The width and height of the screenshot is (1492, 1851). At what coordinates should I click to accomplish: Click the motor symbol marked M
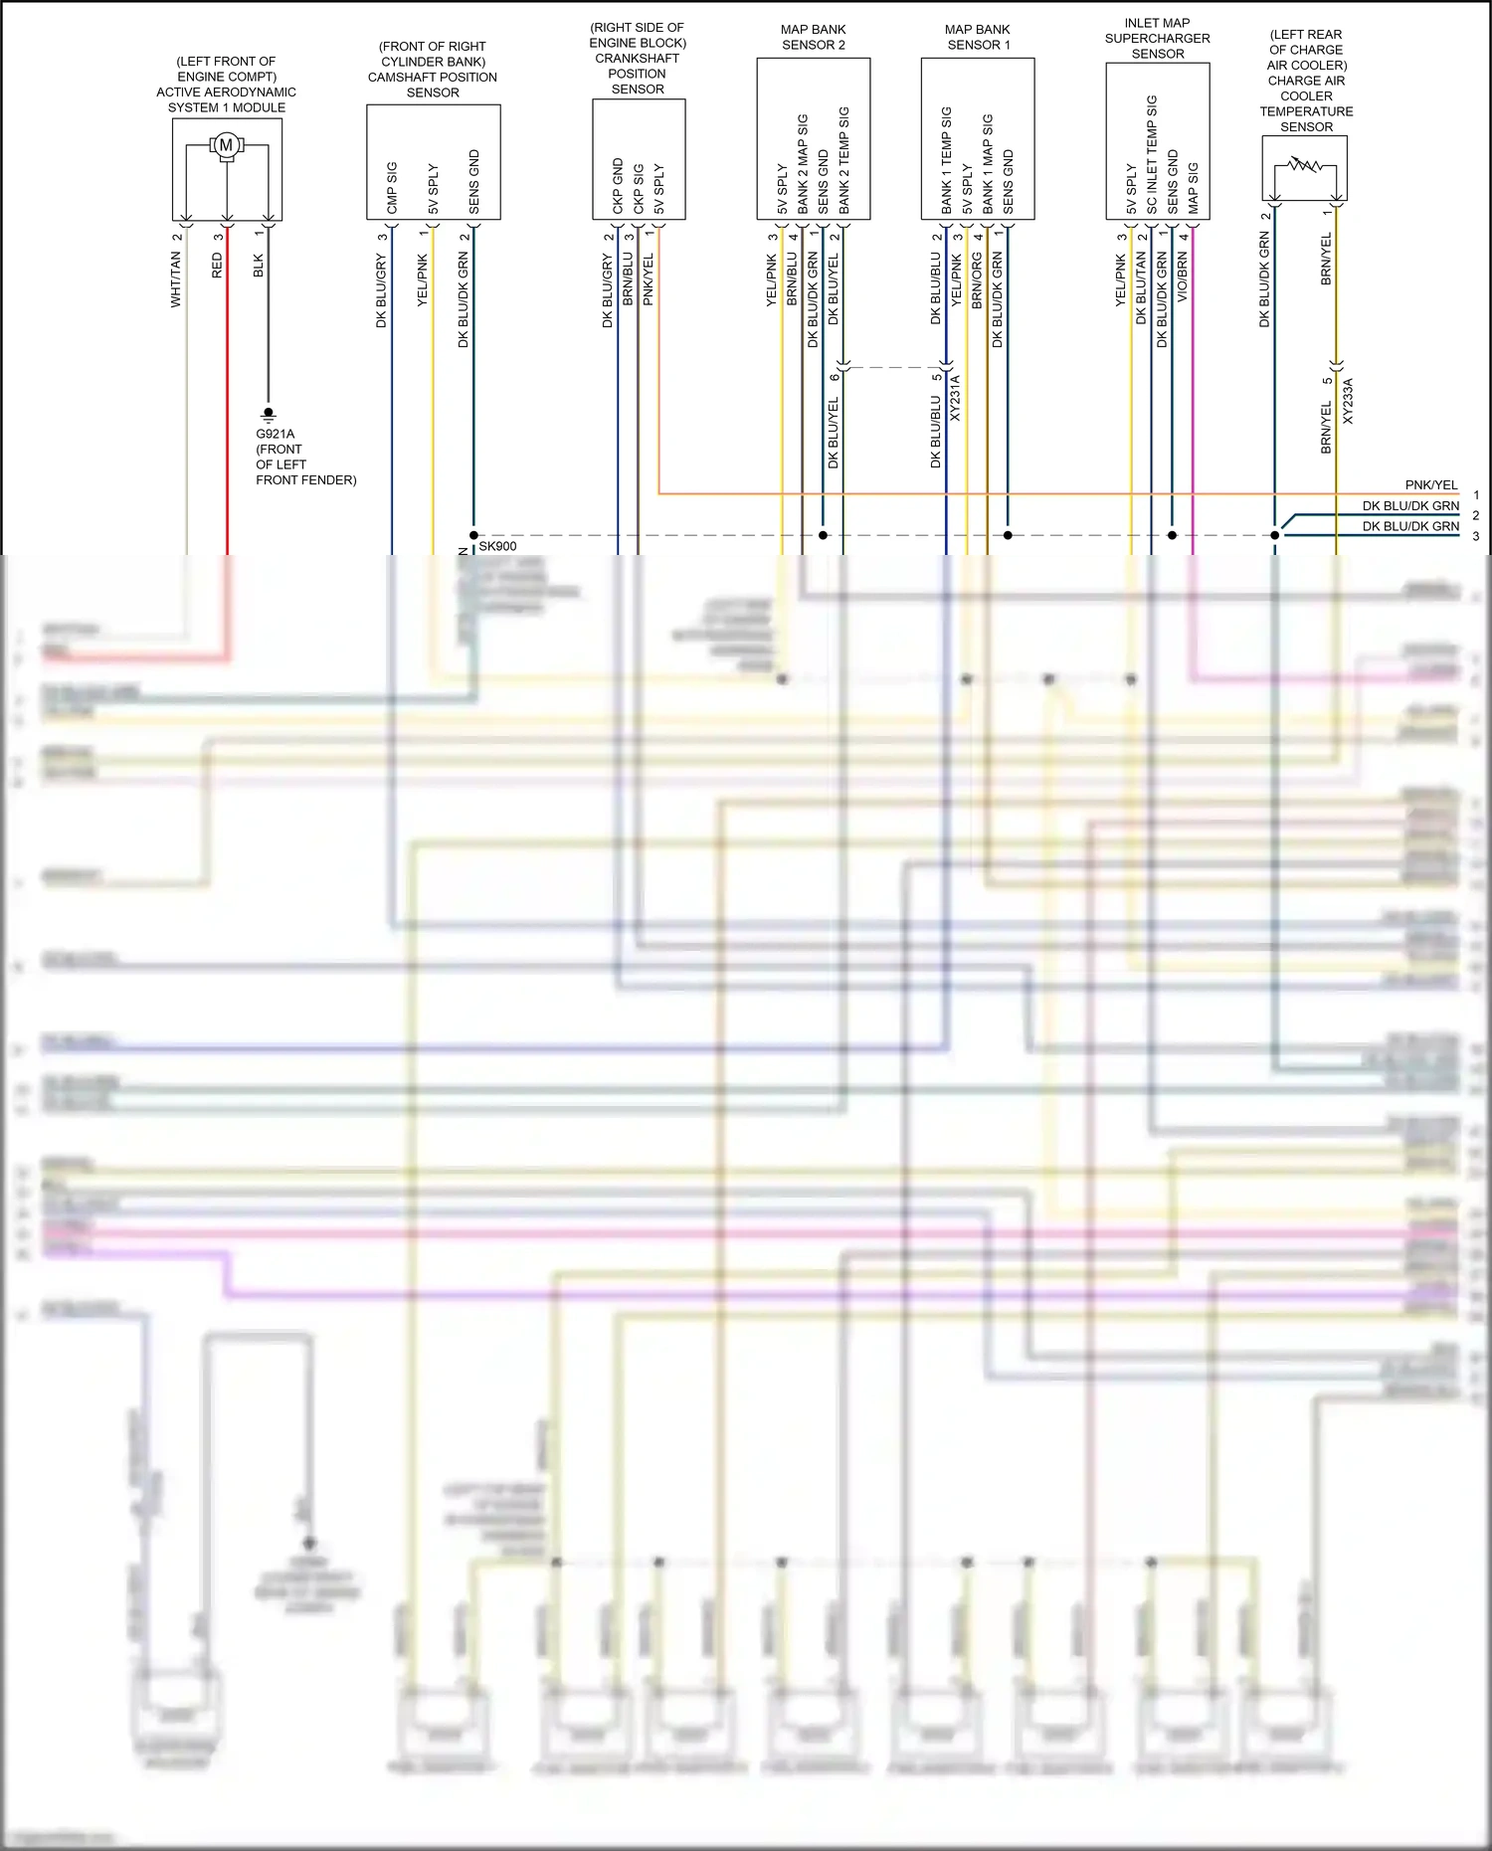pos(227,145)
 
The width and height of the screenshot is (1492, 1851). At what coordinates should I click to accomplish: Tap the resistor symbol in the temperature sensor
pos(1304,164)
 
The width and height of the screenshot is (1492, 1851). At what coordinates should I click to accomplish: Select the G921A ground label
pos(276,434)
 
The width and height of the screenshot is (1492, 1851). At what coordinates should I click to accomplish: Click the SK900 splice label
pos(497,546)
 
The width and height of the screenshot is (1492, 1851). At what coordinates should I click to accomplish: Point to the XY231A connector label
pos(956,398)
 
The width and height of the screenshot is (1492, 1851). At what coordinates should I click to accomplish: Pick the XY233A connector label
pos(1349,401)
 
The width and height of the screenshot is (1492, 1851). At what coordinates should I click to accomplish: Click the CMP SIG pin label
pos(392,187)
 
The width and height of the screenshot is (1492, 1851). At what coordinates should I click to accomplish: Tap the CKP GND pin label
pos(618,186)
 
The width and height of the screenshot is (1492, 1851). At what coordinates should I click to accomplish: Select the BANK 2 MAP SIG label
pos(803,163)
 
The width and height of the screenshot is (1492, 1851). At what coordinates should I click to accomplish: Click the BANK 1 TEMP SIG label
pos(947,160)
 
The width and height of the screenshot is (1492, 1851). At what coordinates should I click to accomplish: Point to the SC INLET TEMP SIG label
pos(1152,154)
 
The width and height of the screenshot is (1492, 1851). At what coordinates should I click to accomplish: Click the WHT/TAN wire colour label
pos(176,278)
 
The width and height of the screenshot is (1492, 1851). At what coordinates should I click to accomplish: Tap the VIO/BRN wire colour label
pos(1183,277)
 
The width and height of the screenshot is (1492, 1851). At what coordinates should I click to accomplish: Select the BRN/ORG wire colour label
pos(977,279)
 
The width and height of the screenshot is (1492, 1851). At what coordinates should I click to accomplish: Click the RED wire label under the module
pos(217,266)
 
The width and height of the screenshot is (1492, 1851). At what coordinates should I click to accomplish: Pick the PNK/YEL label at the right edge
pos(1431,485)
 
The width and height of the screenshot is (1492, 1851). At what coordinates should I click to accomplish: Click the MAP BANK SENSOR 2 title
pos(814,37)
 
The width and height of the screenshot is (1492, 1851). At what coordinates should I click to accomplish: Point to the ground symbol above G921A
pos(268,414)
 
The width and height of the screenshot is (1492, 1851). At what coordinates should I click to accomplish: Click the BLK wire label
pos(259,266)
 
